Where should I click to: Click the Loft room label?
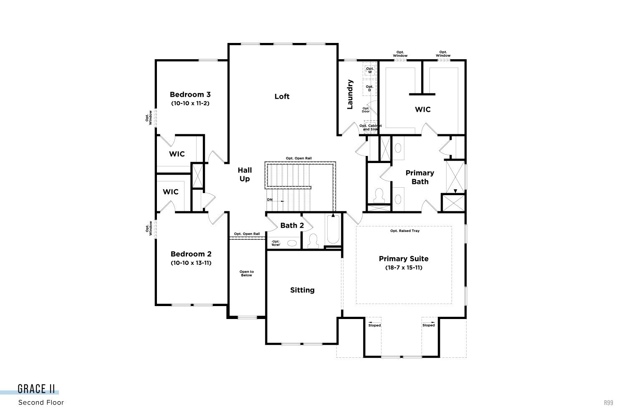pyautogui.click(x=282, y=96)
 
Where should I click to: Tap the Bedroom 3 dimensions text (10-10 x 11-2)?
pyautogui.click(x=190, y=103)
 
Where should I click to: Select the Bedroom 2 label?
pyautogui.click(x=191, y=254)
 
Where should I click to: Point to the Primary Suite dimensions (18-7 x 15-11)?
pyautogui.click(x=404, y=267)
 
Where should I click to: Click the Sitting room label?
pyautogui.click(x=302, y=290)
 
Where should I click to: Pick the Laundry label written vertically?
pyautogui.click(x=350, y=95)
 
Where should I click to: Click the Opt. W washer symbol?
pyautogui.click(x=370, y=70)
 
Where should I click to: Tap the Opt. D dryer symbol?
pyautogui.click(x=370, y=88)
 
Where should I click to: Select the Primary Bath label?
pyautogui.click(x=420, y=177)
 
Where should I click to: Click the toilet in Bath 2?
pyautogui.click(x=313, y=241)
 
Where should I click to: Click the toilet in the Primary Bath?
pyautogui.click(x=379, y=195)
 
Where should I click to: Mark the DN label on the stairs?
pyautogui.click(x=270, y=200)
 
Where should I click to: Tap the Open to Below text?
pyautogui.click(x=247, y=274)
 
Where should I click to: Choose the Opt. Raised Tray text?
pyautogui.click(x=405, y=231)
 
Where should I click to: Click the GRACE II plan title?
pyautogui.click(x=36, y=389)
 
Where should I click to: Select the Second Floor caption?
pyautogui.click(x=41, y=402)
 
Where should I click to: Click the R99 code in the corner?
pyautogui.click(x=608, y=402)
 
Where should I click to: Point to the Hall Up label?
pyautogui.click(x=245, y=174)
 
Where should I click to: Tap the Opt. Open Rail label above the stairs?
pyautogui.click(x=298, y=158)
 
